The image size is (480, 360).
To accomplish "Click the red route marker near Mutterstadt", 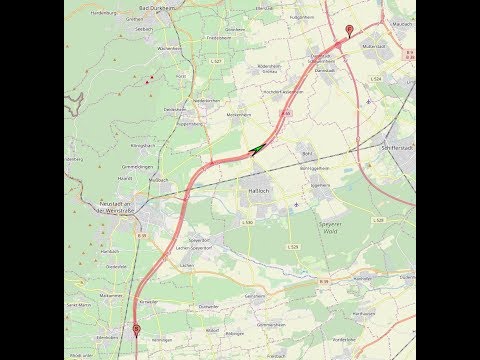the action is click(x=348, y=30).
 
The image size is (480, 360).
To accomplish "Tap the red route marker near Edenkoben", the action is click(x=137, y=328).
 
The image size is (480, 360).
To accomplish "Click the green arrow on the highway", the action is click(x=257, y=150).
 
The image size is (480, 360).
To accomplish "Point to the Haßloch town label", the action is click(x=252, y=190).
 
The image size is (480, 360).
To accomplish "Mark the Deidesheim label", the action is click(x=173, y=108).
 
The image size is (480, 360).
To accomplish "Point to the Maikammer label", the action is click(x=111, y=296).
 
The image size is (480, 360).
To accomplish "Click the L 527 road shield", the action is click(x=215, y=61).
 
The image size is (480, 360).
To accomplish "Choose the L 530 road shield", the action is click(x=246, y=222).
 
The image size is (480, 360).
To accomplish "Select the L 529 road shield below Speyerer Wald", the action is click(x=293, y=246).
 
